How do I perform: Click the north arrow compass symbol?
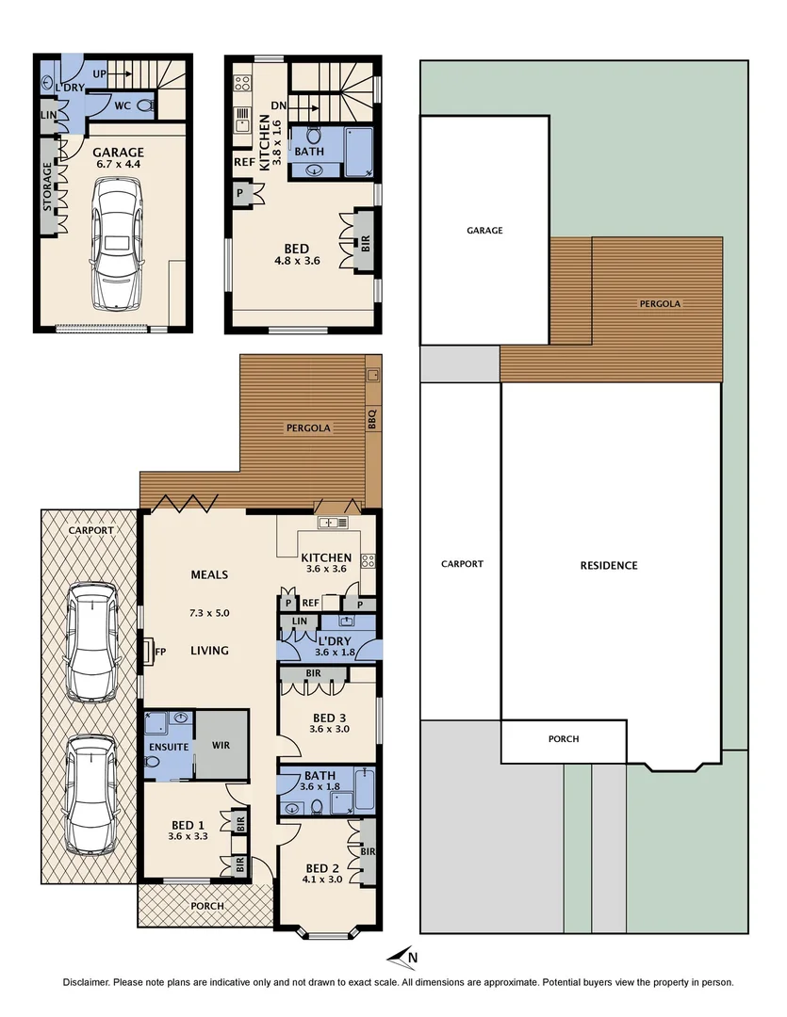[x=404, y=957]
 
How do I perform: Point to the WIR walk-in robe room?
[x=221, y=745]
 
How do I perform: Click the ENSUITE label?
[x=168, y=748]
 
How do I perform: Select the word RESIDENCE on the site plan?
[x=608, y=566]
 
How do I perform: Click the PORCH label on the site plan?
[x=564, y=739]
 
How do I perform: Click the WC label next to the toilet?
[x=123, y=105]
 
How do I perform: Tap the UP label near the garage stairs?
[x=98, y=73]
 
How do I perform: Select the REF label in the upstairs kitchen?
[x=241, y=161]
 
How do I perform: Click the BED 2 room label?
[x=322, y=868]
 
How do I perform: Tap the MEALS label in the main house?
[x=209, y=574]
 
